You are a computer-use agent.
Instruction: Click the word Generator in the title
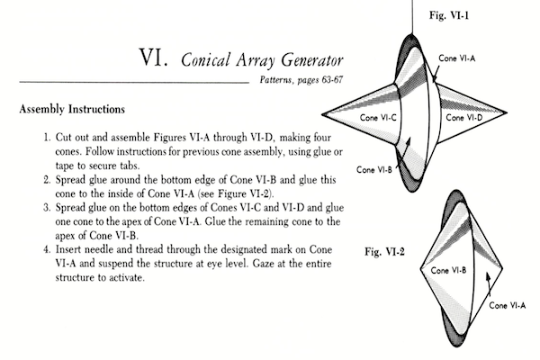(x=312, y=60)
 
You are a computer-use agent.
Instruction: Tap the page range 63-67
(x=332, y=79)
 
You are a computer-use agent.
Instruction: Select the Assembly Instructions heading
(x=72, y=109)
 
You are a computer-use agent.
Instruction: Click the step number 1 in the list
(x=47, y=138)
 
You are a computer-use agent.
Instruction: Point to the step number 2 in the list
(x=47, y=180)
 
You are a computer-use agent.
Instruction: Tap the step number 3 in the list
(x=47, y=208)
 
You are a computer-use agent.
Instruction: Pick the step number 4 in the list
(x=47, y=249)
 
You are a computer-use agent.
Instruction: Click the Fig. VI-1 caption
(x=449, y=15)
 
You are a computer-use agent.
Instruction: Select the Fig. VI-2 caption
(x=384, y=252)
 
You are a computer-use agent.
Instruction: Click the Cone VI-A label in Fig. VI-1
(x=456, y=58)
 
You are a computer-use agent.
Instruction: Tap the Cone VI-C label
(x=378, y=118)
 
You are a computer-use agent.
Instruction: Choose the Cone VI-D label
(x=464, y=118)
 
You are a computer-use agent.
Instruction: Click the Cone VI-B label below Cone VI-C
(x=374, y=170)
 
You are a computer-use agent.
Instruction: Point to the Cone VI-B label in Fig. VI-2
(x=448, y=270)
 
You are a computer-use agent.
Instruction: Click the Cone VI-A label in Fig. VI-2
(x=508, y=306)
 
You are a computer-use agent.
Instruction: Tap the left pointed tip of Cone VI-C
(x=322, y=114)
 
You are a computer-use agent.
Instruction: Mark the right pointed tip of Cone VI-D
(x=507, y=112)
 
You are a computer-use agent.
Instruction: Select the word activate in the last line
(x=126, y=278)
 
